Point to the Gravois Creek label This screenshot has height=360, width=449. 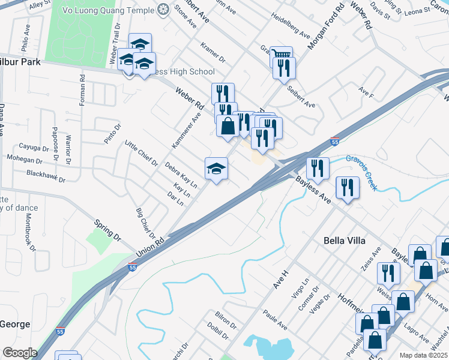click(x=362, y=172)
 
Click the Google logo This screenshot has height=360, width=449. click(x=20, y=353)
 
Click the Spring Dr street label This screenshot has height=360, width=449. click(x=108, y=231)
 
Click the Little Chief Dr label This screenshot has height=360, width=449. click(x=140, y=154)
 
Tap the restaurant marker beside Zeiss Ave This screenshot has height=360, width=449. click(x=388, y=273)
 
